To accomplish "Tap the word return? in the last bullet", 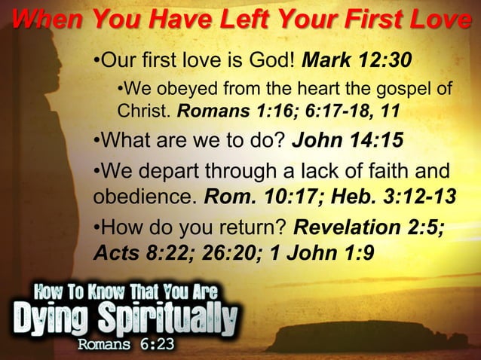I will pyautogui.click(x=250, y=227).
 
